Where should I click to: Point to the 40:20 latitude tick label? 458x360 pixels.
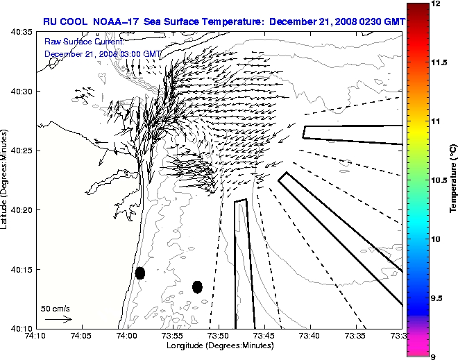click(23, 209)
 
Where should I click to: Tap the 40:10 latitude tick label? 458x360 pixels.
click(23, 327)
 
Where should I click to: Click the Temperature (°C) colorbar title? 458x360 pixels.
click(452, 180)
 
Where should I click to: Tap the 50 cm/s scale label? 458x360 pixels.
click(56, 308)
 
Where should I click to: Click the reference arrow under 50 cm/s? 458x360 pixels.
click(59, 319)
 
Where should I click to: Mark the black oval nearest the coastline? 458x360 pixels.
click(140, 273)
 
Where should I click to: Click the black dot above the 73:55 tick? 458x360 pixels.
click(197, 286)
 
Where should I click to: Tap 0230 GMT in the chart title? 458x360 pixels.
click(375, 22)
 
